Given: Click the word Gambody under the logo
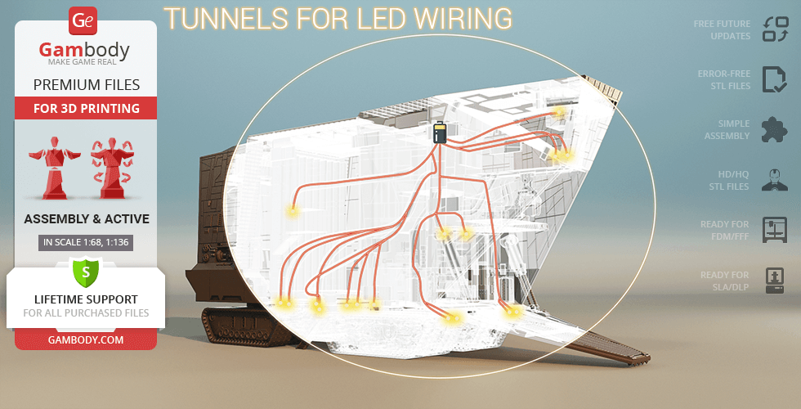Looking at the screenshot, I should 84,51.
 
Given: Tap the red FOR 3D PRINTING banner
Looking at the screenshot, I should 86,108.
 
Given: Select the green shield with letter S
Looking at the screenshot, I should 85,272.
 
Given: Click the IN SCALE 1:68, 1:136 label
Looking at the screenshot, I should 85,242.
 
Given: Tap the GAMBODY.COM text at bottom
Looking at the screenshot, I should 86,339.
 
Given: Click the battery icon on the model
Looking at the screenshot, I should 440,133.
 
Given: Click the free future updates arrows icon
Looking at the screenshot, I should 773,30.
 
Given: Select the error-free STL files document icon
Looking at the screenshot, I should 773,79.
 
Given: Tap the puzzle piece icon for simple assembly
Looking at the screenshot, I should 773,129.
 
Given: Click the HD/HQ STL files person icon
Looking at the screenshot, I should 773,179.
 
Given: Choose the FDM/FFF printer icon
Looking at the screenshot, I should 773,229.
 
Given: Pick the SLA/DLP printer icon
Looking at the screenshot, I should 773,280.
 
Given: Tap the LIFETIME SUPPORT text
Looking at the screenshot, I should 86,299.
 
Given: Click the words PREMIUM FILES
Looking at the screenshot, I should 86,84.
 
